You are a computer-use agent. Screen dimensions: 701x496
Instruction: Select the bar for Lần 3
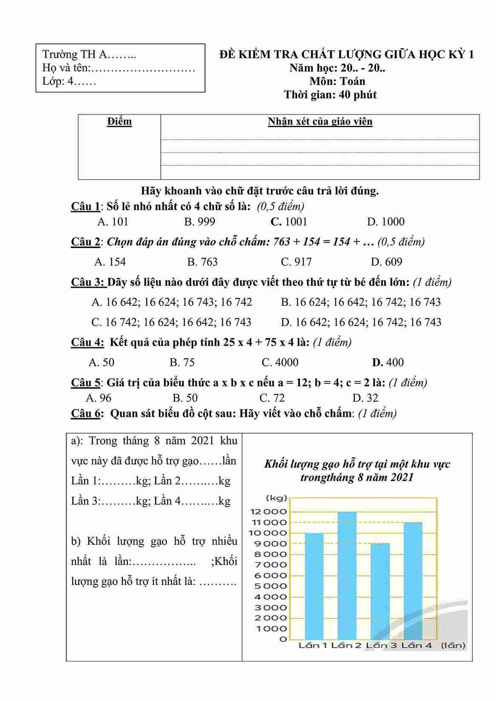[x=380, y=591]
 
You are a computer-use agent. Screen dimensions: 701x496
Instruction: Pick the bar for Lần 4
[x=413, y=580]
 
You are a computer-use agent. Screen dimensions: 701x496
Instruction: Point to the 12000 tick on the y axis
[x=271, y=512]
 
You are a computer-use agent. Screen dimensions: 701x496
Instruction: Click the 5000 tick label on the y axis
[x=271, y=586]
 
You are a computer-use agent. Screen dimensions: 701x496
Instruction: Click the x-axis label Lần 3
[x=381, y=645]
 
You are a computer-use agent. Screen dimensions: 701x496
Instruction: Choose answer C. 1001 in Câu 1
[x=289, y=221]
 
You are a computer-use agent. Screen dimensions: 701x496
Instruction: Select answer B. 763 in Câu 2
[x=202, y=262]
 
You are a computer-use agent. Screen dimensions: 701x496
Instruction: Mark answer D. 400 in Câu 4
[x=388, y=362]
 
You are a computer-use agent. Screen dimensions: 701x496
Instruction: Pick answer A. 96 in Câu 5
[x=99, y=398]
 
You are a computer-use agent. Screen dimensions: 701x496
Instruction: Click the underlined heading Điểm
[x=120, y=122]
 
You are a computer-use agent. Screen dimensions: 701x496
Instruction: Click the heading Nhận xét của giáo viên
[x=320, y=122]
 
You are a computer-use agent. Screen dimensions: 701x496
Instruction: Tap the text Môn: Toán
[x=337, y=81]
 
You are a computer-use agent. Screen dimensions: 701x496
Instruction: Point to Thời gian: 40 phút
[x=330, y=94]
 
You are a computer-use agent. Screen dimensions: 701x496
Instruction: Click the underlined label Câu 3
[x=88, y=282]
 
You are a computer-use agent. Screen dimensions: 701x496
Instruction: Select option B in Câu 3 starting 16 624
[x=361, y=302]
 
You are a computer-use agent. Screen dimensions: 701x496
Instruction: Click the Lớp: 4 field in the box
[x=69, y=81]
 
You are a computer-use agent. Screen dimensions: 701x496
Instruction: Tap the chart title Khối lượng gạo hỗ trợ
[x=357, y=470]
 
